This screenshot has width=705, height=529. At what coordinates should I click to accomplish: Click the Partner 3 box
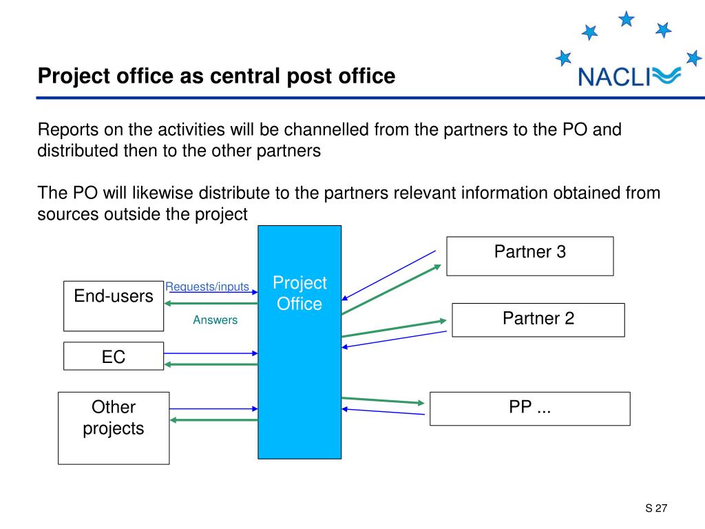[529, 256]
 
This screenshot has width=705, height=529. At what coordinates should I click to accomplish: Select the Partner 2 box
[538, 320]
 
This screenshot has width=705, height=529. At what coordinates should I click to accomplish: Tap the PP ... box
[529, 408]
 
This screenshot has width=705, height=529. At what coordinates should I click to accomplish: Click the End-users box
[114, 305]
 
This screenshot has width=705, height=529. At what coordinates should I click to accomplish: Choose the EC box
[114, 356]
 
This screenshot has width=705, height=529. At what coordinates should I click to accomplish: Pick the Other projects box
[114, 427]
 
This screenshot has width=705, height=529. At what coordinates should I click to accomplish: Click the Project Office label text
[299, 293]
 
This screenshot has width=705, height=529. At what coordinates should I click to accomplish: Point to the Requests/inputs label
[207, 287]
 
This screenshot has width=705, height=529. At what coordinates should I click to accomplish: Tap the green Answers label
[215, 320]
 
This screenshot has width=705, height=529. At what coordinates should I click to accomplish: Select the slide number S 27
[657, 509]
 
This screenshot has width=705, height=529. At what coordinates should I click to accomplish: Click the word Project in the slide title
[69, 76]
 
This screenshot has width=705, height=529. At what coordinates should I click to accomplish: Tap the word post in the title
[302, 76]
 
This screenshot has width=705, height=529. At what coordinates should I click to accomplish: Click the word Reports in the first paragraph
[67, 130]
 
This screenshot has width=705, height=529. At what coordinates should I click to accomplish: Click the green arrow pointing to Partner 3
[391, 290]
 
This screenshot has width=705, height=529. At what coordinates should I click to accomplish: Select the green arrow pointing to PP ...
[383, 400]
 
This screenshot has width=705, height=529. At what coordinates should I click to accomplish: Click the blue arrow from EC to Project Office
[211, 353]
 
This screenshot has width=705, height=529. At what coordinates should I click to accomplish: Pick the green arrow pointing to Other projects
[213, 419]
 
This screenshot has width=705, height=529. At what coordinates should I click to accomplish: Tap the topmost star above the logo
[626, 19]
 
